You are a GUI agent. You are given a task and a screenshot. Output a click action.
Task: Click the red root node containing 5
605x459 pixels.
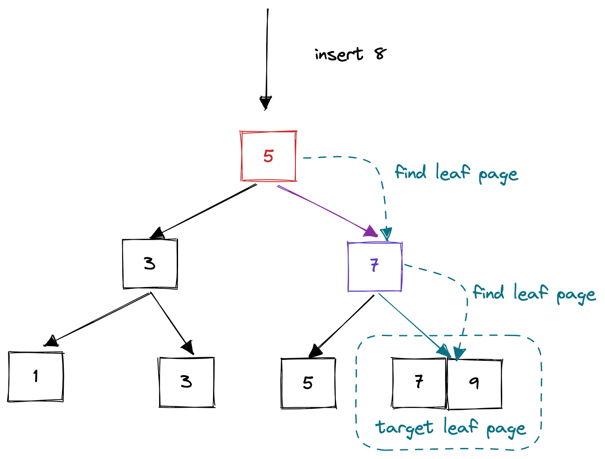[x=268, y=156]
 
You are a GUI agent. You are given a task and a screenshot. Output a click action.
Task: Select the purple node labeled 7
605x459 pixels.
[x=375, y=267]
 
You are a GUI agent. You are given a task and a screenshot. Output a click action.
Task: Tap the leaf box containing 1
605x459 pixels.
[x=35, y=377]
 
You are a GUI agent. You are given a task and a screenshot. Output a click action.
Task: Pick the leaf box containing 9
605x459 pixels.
[x=474, y=383]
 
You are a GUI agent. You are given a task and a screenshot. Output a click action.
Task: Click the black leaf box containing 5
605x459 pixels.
[x=308, y=383]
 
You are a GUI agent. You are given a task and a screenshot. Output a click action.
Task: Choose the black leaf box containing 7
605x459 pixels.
[x=419, y=383]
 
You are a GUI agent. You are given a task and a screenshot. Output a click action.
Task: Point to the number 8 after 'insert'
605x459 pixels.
[x=380, y=54]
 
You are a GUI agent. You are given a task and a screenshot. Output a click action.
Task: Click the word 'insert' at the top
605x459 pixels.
[x=339, y=54]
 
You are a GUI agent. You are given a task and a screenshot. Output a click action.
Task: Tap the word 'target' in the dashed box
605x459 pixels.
[x=404, y=428]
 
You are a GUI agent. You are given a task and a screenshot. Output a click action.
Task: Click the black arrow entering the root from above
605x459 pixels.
[x=267, y=57]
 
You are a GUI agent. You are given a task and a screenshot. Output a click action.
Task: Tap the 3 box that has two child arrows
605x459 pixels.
[x=150, y=264]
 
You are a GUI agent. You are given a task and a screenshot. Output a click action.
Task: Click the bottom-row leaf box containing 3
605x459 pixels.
[x=186, y=382]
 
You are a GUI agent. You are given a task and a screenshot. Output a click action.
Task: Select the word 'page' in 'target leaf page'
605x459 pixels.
[x=506, y=429]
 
